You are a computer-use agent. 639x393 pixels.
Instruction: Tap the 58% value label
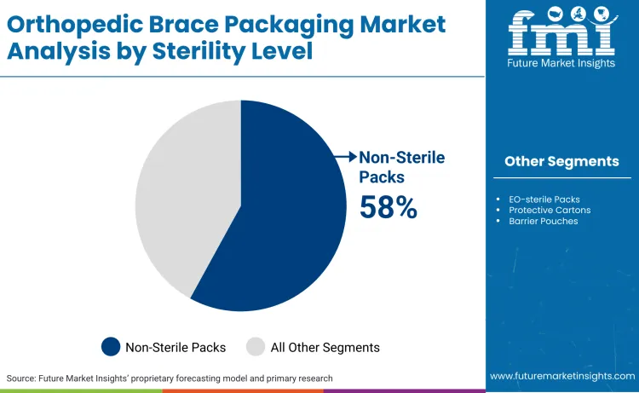point(388,207)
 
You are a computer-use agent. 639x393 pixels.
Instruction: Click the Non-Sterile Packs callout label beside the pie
point(401,166)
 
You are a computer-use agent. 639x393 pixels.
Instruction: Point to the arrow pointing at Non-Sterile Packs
point(345,156)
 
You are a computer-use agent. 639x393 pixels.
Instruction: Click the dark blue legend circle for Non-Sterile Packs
point(111,346)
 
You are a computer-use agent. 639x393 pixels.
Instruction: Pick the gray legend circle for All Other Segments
point(256,346)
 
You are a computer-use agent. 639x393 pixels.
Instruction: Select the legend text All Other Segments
point(325,347)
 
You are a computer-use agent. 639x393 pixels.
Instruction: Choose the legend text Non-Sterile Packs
point(176,347)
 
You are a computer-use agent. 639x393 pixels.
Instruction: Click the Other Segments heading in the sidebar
point(561,161)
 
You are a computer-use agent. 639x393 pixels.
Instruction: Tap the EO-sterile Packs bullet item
point(544,199)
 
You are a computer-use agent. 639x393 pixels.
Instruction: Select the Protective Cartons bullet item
point(550,211)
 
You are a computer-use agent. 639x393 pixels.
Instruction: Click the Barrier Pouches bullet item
point(543,222)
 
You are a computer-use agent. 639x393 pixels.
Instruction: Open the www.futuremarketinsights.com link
point(561,376)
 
